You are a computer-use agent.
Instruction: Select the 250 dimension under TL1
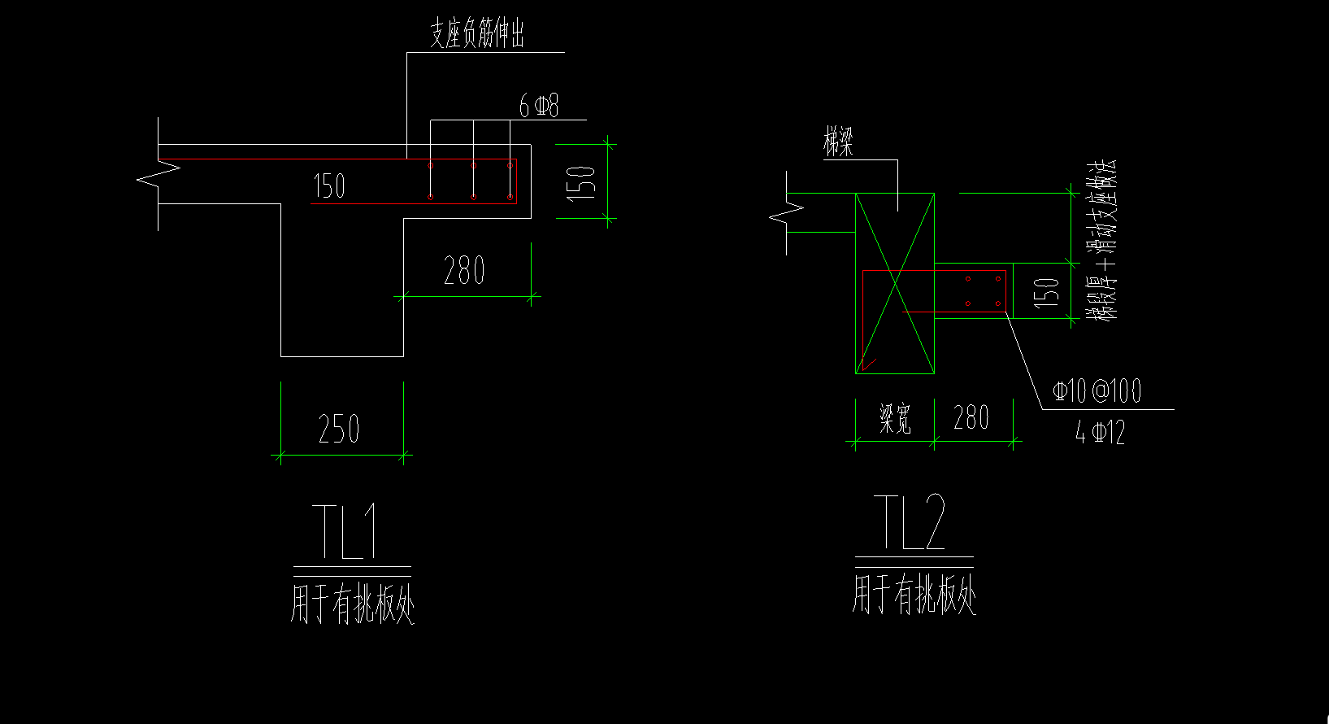click(339, 429)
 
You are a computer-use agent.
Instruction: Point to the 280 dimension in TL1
click(464, 270)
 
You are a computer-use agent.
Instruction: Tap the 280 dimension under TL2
click(971, 418)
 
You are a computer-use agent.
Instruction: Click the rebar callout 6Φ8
click(539, 106)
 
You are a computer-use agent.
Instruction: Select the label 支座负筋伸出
click(477, 35)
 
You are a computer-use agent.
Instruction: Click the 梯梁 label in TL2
click(838, 144)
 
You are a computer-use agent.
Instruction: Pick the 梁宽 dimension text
click(895, 419)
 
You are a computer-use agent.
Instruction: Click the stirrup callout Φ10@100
click(1097, 391)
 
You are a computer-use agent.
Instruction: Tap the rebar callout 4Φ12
click(1101, 433)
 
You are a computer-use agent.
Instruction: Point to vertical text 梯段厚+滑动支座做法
click(1103, 240)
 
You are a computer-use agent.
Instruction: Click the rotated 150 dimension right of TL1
click(581, 182)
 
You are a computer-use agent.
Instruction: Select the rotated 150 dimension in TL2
click(1046, 291)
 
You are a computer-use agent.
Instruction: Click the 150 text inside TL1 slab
click(329, 186)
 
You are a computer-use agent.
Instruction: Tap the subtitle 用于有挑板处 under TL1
click(352, 603)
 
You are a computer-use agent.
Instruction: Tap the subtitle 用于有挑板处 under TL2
click(914, 595)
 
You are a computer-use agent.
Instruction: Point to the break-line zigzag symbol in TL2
click(787, 213)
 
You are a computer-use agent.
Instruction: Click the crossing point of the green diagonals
click(895, 283)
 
